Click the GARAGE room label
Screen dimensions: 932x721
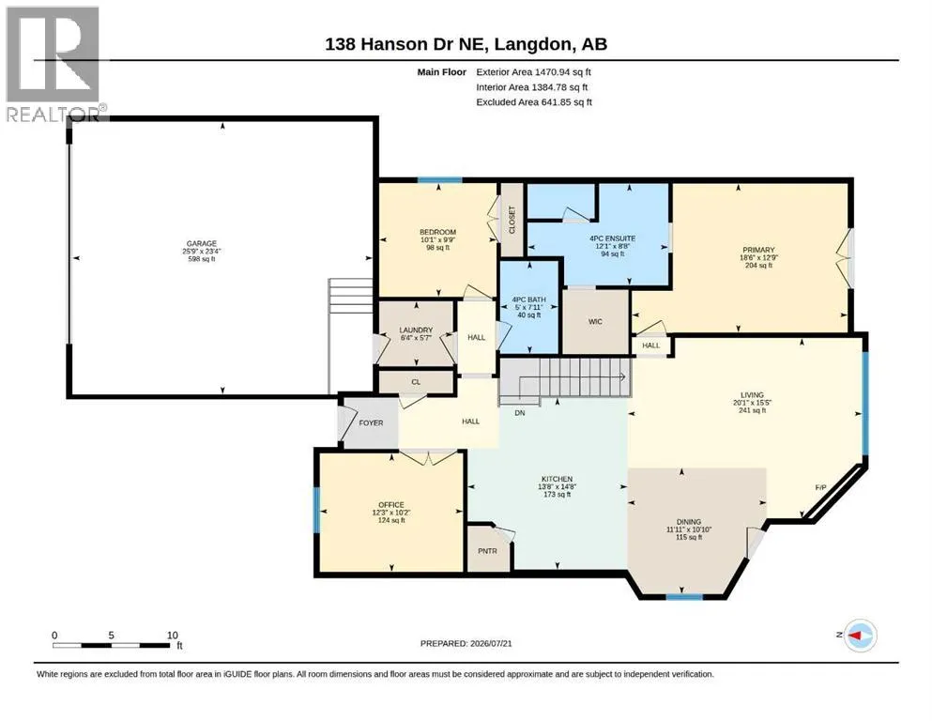click(x=202, y=244)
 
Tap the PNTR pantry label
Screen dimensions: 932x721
click(x=487, y=551)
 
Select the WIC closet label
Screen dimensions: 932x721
click(x=595, y=322)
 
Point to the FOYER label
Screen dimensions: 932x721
click(x=371, y=423)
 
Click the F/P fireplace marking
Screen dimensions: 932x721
click(x=820, y=487)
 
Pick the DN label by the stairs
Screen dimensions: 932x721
click(x=520, y=412)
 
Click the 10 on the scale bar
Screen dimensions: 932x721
click(x=173, y=636)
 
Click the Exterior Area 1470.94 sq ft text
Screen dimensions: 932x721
click(x=533, y=72)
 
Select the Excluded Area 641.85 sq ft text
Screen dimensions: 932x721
click(x=534, y=102)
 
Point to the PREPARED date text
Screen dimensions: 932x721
click(x=466, y=643)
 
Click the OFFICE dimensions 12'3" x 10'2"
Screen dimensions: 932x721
click(x=391, y=513)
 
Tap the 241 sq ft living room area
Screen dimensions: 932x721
click(x=752, y=410)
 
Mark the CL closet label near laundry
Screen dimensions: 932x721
click(x=416, y=382)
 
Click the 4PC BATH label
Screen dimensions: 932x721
click(x=529, y=299)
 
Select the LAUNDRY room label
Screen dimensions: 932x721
click(x=416, y=330)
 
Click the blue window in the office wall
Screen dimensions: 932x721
click(x=317, y=510)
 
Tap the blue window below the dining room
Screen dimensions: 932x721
click(x=684, y=596)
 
